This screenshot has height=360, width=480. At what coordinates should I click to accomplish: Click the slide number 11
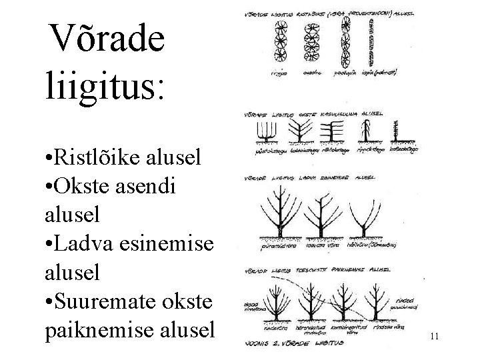click(434, 337)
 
